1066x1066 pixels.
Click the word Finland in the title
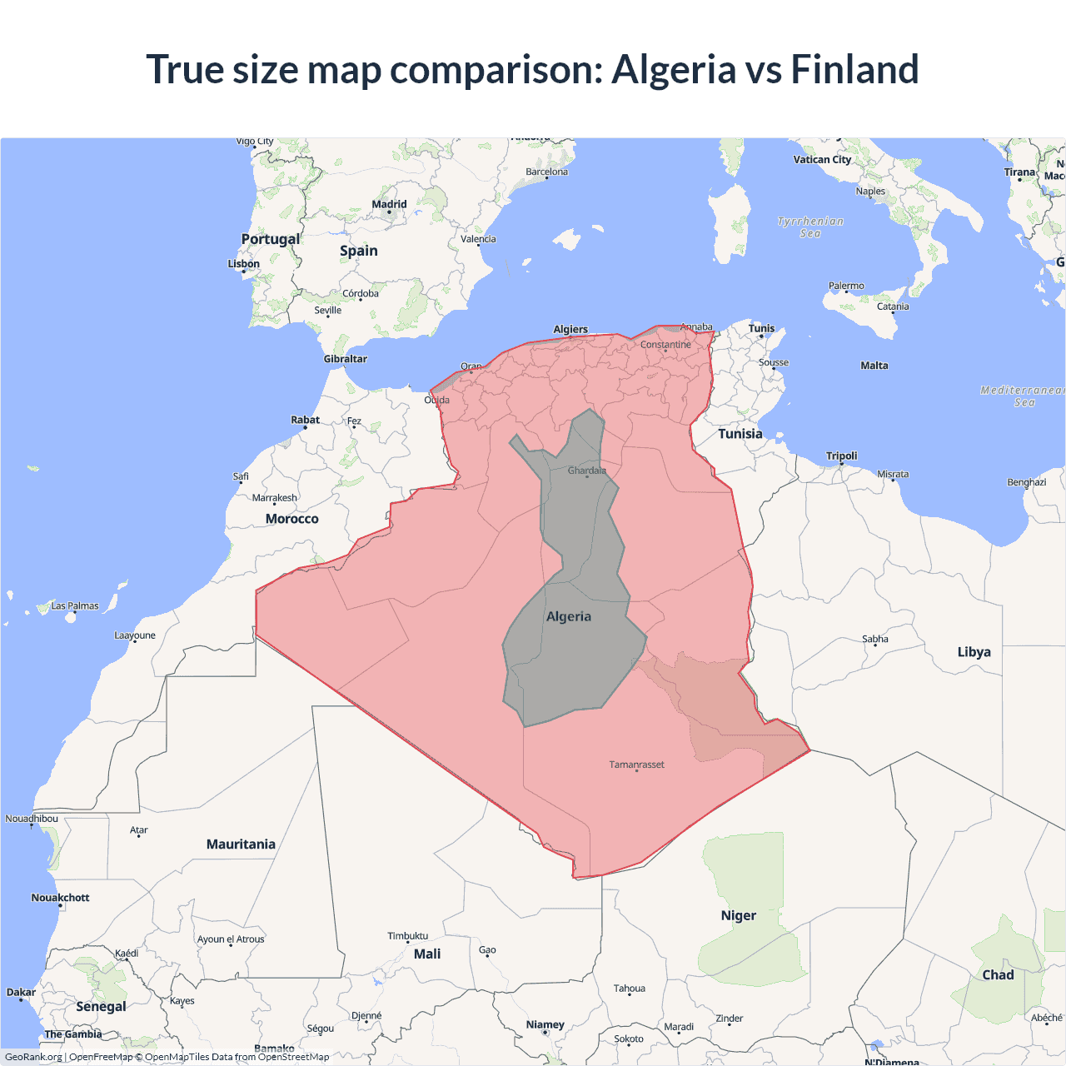coord(854,69)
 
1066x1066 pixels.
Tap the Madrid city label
coord(389,204)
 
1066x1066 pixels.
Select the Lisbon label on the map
coord(244,264)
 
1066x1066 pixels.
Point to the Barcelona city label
coord(546,172)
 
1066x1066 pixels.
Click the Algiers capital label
coord(570,329)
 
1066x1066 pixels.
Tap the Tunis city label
coord(761,328)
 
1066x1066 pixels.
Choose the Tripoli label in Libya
coord(841,456)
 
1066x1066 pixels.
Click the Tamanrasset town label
coord(636,765)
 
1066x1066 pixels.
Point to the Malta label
coord(874,366)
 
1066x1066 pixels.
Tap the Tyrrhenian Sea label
coord(810,227)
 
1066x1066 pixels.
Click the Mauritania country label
coord(241,844)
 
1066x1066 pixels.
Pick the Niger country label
coord(738,915)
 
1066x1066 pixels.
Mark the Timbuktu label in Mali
coord(407,936)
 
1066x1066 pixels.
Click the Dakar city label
coord(21,992)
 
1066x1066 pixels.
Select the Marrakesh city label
coord(274,498)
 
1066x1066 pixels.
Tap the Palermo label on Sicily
coord(846,286)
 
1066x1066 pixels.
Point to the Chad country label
coord(998,975)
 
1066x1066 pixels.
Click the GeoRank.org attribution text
coord(33,1057)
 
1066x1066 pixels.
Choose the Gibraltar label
coord(345,359)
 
